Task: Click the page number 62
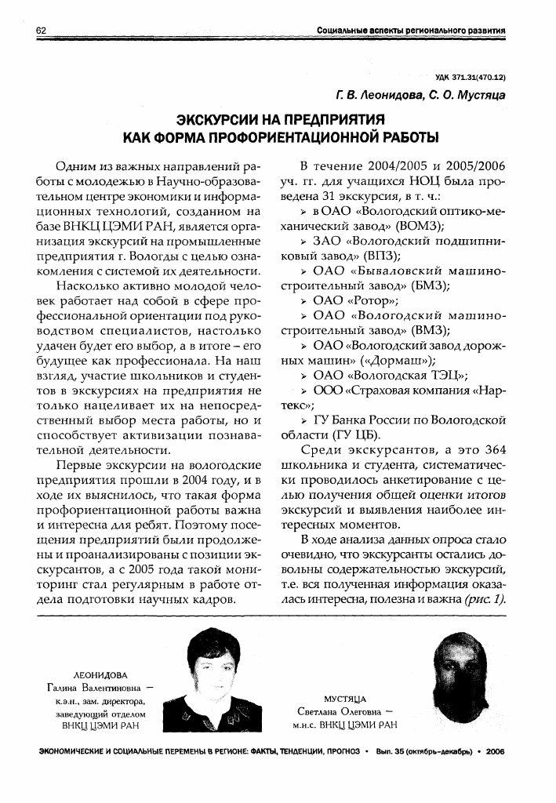[x=41, y=30]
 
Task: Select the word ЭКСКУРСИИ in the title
[x=223, y=121]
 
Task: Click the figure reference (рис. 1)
[x=485, y=599]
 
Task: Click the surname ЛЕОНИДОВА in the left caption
[x=98, y=674]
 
